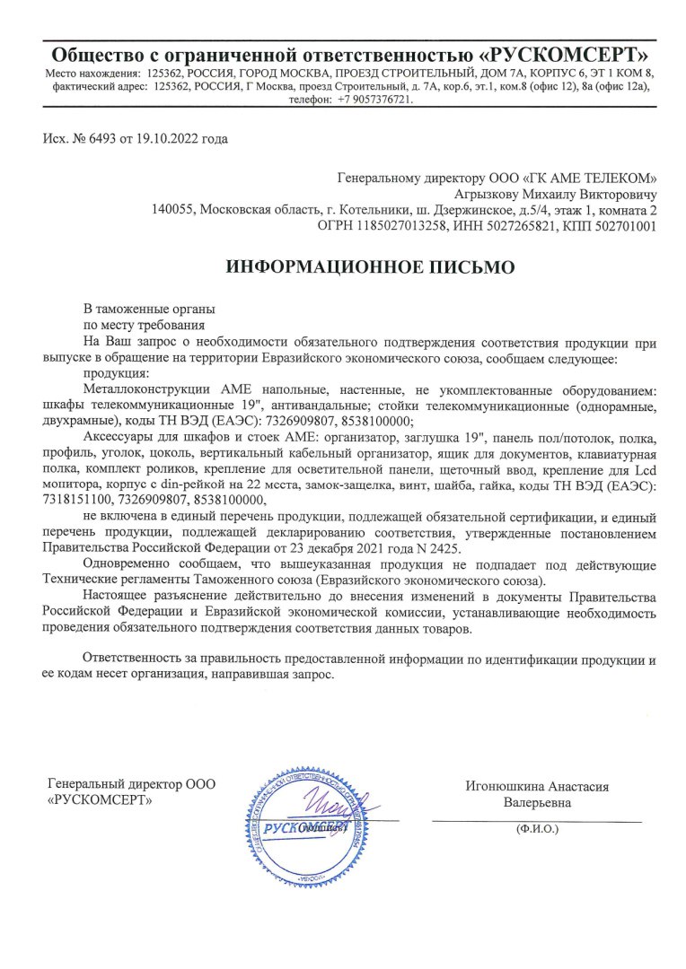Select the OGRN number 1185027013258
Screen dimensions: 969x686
pos(407,227)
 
